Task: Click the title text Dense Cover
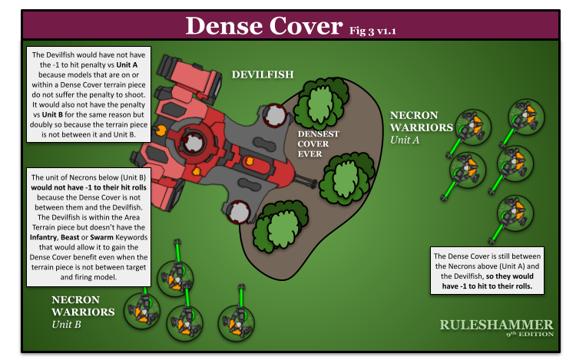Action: tap(263, 26)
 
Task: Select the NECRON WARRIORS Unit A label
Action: tap(421, 127)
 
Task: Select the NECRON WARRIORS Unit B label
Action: tap(83, 312)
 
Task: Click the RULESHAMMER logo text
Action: tap(496, 325)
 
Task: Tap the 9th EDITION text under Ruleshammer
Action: tap(529, 335)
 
